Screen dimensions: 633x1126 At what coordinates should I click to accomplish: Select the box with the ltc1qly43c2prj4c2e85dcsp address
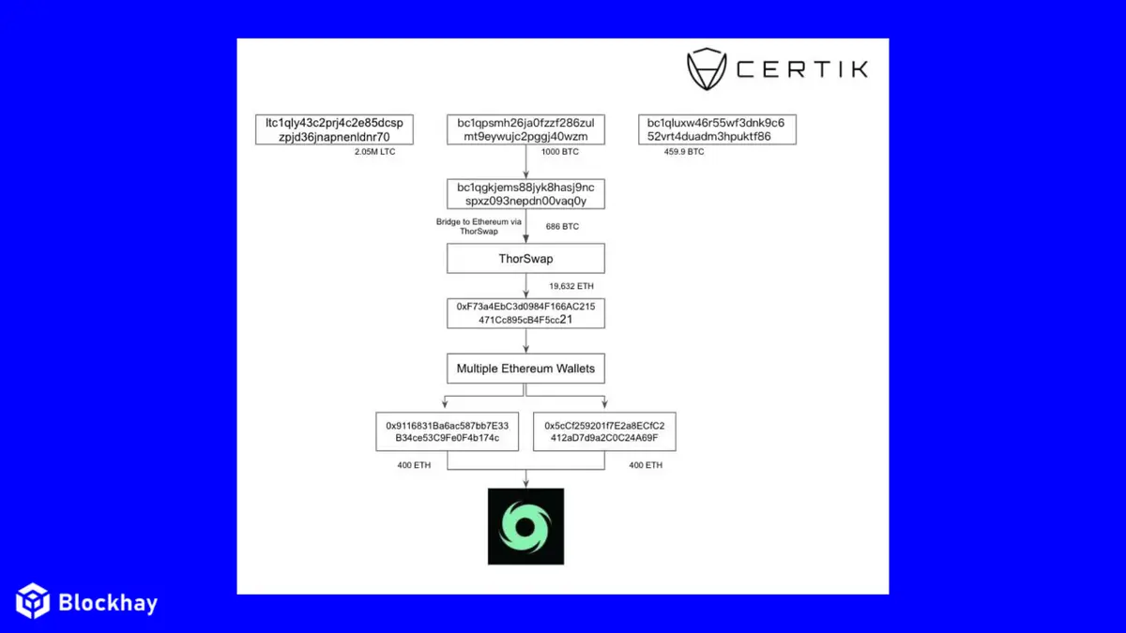(x=335, y=129)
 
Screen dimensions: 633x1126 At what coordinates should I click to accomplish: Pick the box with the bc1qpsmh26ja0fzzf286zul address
(x=525, y=129)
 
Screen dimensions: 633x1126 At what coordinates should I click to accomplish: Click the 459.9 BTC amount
(x=684, y=151)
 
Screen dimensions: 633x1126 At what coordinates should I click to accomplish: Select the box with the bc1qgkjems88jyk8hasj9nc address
(x=525, y=194)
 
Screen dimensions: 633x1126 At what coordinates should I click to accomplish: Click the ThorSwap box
(x=525, y=258)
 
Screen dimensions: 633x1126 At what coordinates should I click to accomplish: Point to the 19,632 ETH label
(x=571, y=285)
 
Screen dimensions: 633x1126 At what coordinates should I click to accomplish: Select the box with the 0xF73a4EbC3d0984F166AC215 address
(x=525, y=312)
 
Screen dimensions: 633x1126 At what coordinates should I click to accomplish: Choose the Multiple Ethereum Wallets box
(x=525, y=369)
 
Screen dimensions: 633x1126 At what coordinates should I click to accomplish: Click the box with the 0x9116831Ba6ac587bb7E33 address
(x=447, y=430)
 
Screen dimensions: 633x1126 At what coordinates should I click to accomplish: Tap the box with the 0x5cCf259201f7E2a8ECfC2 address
(x=604, y=430)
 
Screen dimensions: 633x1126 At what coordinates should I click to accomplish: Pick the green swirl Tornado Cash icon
(x=525, y=526)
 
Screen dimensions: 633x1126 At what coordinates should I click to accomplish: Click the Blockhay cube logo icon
(x=33, y=600)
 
